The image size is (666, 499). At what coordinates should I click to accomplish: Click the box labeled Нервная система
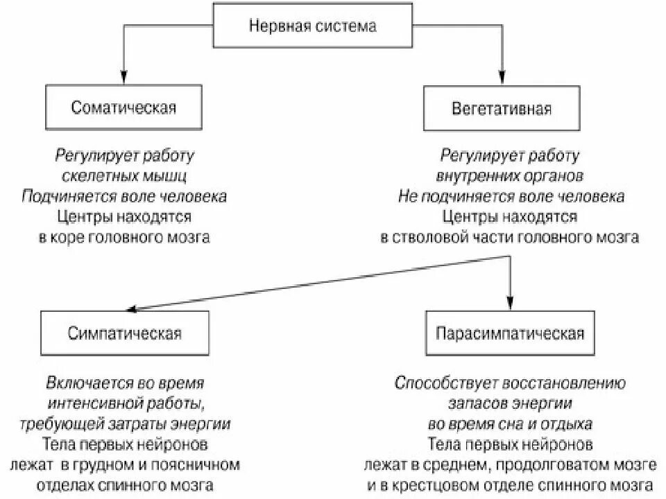click(312, 26)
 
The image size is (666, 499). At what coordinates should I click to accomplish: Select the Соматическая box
click(123, 108)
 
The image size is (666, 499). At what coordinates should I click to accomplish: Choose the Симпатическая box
click(125, 333)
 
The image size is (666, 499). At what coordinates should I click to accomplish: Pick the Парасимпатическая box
click(510, 333)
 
